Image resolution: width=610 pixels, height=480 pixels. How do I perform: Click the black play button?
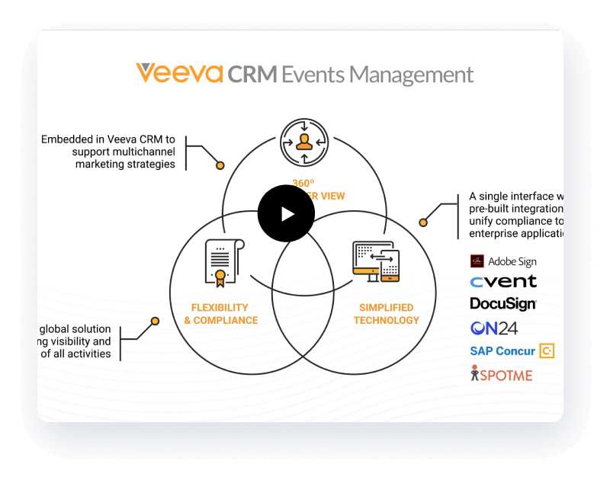(286, 213)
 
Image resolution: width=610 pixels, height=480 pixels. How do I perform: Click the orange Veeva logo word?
(179, 73)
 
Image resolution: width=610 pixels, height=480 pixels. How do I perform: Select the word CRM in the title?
(252, 74)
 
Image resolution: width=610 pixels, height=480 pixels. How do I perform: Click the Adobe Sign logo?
(503, 261)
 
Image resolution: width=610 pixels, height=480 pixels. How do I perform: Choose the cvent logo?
(503, 281)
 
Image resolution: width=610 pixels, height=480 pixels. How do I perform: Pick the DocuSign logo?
(503, 303)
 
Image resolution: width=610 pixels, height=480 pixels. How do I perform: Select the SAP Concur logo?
(512, 351)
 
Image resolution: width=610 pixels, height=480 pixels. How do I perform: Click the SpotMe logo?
(501, 374)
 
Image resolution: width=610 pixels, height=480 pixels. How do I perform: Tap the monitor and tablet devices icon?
(377, 261)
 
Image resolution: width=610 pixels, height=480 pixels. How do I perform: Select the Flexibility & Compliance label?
(221, 314)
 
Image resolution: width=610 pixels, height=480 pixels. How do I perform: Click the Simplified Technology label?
(386, 314)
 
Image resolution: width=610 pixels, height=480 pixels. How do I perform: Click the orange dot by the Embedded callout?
(220, 165)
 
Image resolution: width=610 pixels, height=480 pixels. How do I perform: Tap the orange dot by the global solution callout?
(156, 321)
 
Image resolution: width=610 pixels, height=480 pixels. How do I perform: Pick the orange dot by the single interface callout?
(423, 222)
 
